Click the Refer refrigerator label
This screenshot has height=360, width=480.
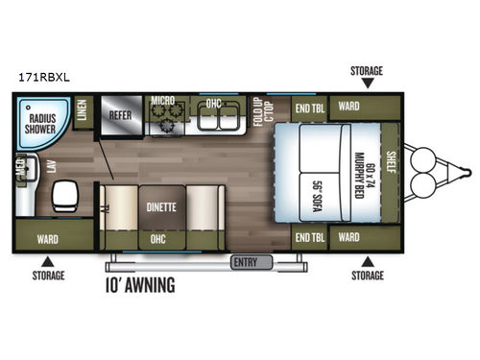[120, 113]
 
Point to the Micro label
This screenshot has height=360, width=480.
[161, 100]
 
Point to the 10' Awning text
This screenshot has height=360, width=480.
[142, 284]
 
